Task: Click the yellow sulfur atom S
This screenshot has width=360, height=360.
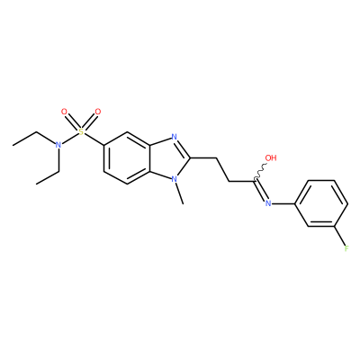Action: pos(81,131)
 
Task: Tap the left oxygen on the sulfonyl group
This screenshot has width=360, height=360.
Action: pos(64,112)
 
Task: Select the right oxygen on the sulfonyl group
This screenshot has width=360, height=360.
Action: pos(98,112)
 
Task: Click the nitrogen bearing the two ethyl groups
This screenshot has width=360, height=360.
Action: pos(58,145)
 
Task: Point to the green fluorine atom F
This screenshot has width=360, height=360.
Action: pos(346,248)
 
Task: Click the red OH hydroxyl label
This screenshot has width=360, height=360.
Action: pos(271,157)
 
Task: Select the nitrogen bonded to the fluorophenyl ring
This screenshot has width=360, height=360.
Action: pos(268,203)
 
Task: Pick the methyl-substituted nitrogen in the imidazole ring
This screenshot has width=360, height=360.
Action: pos(174,180)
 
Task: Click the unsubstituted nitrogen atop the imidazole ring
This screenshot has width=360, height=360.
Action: pos(174,138)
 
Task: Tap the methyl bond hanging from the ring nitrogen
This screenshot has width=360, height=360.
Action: pos(179,194)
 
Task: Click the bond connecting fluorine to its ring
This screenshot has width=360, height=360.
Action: pos(339,236)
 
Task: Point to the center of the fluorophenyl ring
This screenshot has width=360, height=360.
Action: pos(321,203)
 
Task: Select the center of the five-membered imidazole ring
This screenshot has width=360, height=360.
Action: pos(170,158)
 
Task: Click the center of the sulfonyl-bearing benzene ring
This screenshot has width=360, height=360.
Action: pos(127,158)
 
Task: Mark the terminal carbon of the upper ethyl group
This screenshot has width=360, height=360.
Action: pos(13,145)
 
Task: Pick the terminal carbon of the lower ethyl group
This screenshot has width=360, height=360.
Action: pos(36,184)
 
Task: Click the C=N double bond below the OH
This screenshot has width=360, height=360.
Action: pos(260,191)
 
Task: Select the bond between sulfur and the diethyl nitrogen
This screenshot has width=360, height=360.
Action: pos(70,139)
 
